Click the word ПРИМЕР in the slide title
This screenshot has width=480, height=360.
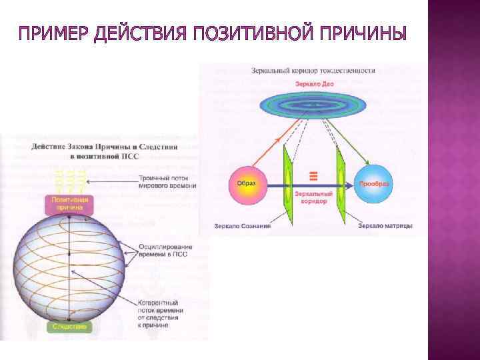coord(50,33)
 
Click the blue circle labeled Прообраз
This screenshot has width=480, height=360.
coord(375,183)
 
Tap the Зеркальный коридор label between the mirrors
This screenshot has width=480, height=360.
coord(310,195)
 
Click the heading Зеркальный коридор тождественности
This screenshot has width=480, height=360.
coord(313,70)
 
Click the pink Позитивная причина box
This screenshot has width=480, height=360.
coord(69,203)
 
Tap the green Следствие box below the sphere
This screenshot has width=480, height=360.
coord(69,327)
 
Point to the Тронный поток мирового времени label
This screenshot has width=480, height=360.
coord(167,182)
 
